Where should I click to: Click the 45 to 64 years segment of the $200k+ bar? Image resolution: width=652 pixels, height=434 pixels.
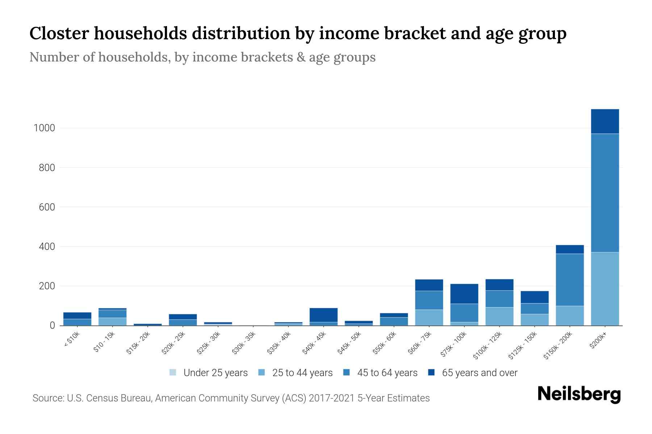pos(605,193)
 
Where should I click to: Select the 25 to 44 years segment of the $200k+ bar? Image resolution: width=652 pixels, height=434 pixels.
pos(605,289)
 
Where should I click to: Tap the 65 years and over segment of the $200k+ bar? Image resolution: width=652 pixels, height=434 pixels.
pos(605,122)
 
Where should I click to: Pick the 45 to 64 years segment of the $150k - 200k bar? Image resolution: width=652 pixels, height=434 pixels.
pos(570,280)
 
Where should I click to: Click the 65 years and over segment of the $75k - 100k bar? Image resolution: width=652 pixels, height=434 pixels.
pos(464,294)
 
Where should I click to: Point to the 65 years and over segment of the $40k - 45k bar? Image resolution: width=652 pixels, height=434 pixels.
pos(323,315)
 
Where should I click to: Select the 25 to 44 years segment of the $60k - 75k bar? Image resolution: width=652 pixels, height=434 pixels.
pos(429,317)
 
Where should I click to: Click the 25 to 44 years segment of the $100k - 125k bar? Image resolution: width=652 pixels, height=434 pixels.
pos(499,316)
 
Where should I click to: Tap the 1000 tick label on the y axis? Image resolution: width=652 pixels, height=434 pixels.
pos(44,128)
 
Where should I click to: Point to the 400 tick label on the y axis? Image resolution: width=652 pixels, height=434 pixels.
pos(47,247)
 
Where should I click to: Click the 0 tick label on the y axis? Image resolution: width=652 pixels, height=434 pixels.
pos(53,325)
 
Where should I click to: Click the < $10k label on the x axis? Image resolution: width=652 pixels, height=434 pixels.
pos(72,340)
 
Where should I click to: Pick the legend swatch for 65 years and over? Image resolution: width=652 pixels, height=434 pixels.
pos(431,373)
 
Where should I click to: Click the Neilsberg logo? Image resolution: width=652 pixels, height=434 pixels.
pos(579,394)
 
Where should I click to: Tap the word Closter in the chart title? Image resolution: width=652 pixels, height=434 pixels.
pos(59,33)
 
